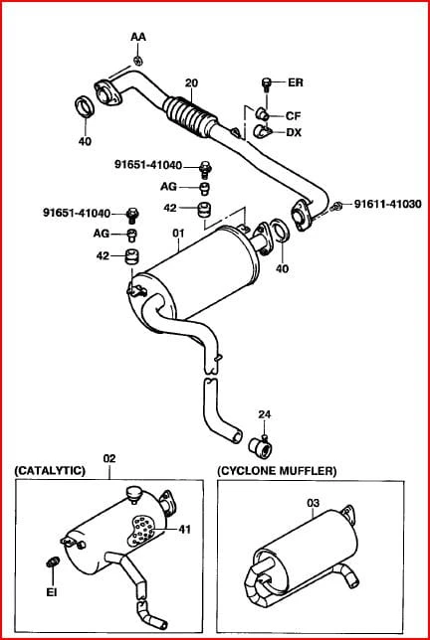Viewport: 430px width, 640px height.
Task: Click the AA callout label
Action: [138, 37]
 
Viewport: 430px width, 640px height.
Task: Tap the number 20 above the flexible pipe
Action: [191, 82]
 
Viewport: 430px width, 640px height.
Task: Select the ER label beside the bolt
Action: [296, 82]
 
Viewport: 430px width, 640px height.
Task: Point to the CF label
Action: [293, 116]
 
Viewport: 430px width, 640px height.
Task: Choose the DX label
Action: [294, 132]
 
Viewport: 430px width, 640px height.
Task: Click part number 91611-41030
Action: [387, 204]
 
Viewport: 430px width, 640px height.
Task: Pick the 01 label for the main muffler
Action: [178, 234]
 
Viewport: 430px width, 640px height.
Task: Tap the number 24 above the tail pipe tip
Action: [265, 414]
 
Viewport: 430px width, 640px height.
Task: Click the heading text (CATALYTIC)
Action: [50, 471]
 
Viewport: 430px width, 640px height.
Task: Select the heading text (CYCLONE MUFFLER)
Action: [277, 471]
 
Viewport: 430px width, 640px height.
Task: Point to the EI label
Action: [52, 592]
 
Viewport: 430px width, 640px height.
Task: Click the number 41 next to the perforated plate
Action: [185, 529]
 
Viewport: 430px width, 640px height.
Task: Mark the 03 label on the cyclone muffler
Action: [313, 503]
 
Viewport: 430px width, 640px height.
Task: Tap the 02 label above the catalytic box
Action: [109, 458]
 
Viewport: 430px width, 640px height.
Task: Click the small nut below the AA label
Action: [138, 61]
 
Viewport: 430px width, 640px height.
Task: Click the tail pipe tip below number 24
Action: [261, 447]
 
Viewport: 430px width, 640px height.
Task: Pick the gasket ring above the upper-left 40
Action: [85, 107]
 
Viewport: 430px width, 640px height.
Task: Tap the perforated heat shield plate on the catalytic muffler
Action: [143, 531]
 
